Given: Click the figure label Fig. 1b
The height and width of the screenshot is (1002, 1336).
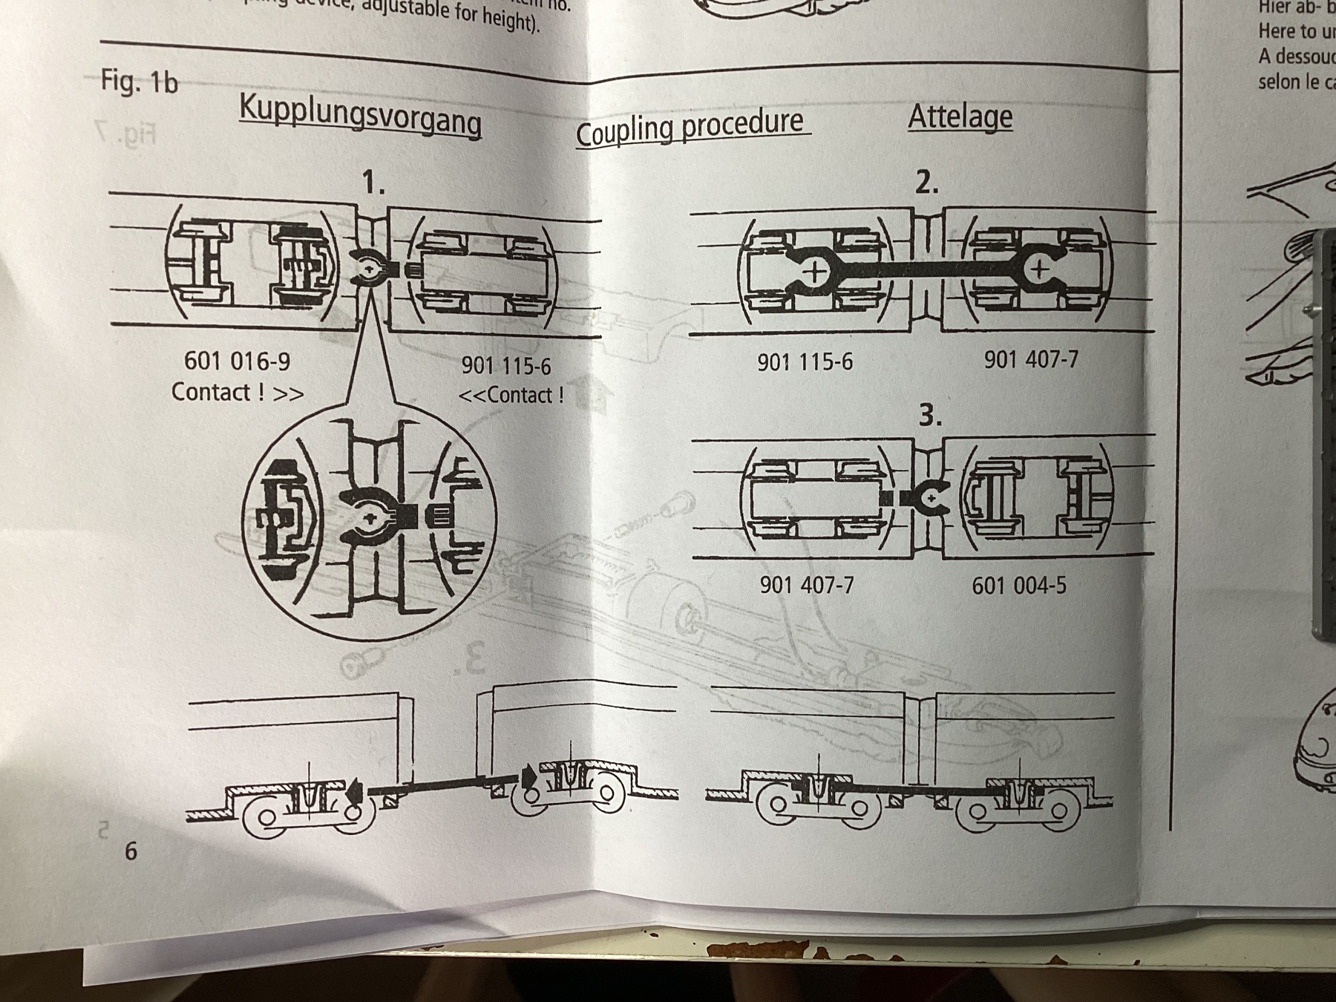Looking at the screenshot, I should click(x=140, y=81).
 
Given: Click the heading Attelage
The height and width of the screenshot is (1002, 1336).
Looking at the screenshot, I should click(x=960, y=117).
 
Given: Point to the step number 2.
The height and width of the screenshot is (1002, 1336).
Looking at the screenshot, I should click(x=926, y=183).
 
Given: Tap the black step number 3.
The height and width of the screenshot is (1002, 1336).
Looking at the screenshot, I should click(x=930, y=416).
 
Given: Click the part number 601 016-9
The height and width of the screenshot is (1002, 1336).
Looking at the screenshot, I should click(x=237, y=361).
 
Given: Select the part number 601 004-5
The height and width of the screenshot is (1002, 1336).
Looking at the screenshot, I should click(x=1018, y=586).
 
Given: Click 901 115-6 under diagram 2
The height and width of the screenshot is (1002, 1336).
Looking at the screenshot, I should click(x=805, y=362).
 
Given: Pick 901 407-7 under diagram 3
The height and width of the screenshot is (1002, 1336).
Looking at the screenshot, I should click(x=806, y=586).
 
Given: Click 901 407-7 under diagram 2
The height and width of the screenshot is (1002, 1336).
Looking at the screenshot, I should click(x=1030, y=360).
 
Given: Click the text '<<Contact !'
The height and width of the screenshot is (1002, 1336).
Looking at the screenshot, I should click(x=511, y=395).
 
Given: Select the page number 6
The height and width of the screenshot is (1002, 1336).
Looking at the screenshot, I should click(x=131, y=851).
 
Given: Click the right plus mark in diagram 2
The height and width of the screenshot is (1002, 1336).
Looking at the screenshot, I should click(x=1039, y=269).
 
